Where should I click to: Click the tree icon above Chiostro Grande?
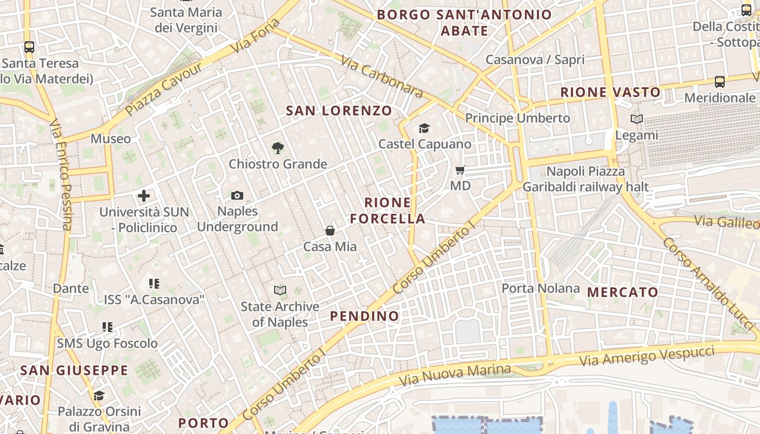pos(278,148)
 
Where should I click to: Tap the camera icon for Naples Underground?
pos(237,195)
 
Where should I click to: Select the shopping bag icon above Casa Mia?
pos(330,231)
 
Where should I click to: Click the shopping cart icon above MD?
pos(460,170)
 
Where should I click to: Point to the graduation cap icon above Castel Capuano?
pos(424,128)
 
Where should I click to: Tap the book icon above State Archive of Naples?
pos(280,290)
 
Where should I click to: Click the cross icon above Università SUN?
pos(144,196)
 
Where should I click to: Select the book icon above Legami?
pos(637,119)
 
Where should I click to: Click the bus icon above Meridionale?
pos(720,82)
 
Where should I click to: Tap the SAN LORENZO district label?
pos(339,111)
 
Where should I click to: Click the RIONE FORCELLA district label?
pos(388,210)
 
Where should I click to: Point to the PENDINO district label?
pos(365,316)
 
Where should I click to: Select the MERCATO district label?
pos(623,292)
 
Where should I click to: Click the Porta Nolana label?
pos(541,288)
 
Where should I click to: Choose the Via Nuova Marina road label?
pos(455,375)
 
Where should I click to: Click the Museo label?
pos(111,138)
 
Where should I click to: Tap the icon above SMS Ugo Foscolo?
pos(107,327)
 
